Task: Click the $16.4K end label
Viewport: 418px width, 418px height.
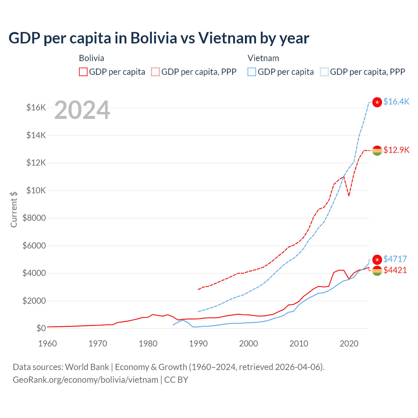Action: pos(396,102)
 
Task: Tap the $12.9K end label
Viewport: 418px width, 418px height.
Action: pos(396,150)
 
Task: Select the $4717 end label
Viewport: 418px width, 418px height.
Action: pos(395,259)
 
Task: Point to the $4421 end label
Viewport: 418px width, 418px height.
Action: pos(395,270)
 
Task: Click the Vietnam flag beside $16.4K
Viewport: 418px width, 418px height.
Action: pos(377,102)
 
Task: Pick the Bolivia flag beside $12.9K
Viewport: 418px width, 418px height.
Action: pos(377,151)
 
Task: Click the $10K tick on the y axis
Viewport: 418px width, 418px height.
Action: pos(36,190)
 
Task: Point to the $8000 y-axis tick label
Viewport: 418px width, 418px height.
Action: pos(34,218)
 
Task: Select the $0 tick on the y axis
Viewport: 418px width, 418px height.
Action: pos(41,328)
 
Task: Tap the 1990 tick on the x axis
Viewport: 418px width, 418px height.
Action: pos(198,344)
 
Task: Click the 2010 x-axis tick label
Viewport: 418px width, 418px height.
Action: pos(299,344)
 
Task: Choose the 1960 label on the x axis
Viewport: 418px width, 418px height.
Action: pos(48,344)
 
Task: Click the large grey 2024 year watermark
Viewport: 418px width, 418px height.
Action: pos(82,110)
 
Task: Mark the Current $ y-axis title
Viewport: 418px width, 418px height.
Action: pos(14,209)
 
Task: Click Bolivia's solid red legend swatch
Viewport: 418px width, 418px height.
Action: pos(83,72)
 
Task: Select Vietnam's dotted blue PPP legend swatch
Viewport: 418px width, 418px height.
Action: pos(324,72)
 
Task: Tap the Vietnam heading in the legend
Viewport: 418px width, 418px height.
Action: pos(263,58)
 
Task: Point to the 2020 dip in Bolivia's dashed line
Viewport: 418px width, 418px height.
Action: pos(349,196)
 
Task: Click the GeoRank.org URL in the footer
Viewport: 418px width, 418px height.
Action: pos(86,380)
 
